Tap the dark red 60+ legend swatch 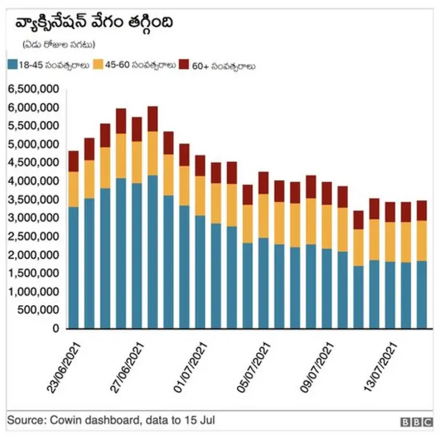184,66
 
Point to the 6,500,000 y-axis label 33,90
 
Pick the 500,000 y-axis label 38,310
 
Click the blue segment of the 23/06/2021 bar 74,268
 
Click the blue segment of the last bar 421,294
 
